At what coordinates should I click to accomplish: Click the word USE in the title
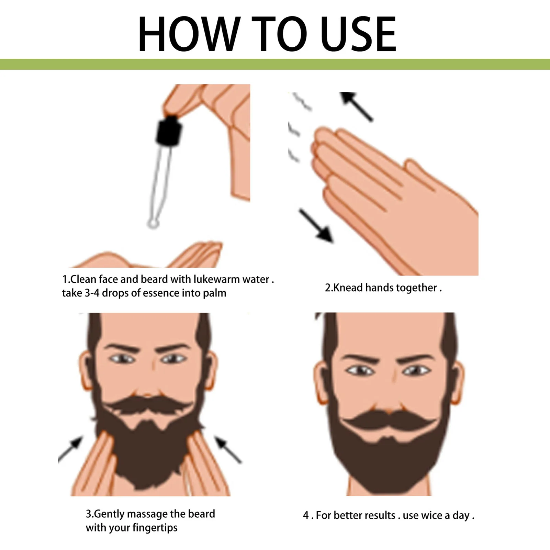(358, 34)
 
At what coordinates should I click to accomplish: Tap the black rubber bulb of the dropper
(169, 131)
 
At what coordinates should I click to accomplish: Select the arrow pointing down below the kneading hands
(316, 226)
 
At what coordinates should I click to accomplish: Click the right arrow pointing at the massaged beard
(228, 449)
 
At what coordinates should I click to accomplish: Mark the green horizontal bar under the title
(275, 64)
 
